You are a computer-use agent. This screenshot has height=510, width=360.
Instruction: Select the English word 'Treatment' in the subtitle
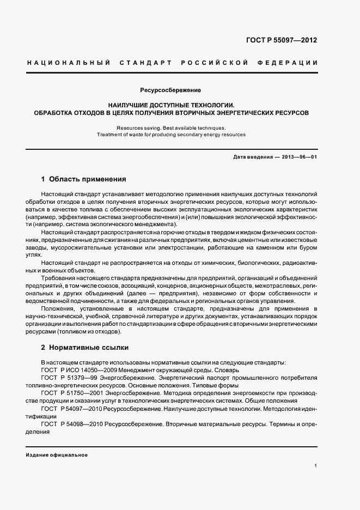108,134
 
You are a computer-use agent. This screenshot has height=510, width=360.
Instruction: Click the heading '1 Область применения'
84,179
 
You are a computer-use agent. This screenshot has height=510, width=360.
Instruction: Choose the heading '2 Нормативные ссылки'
85,348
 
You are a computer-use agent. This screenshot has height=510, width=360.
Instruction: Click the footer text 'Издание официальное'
57,454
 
